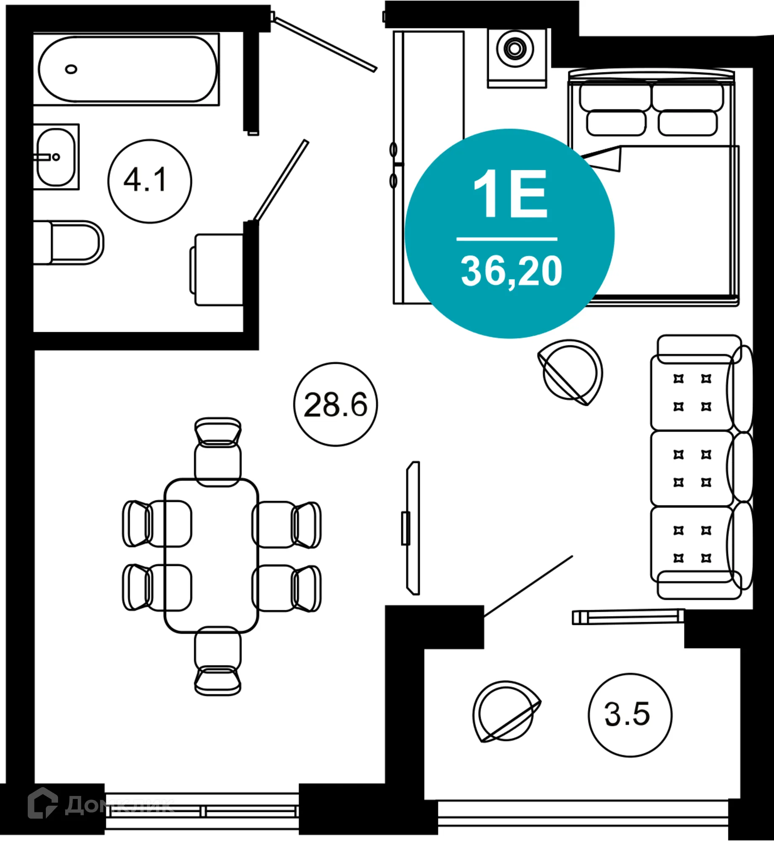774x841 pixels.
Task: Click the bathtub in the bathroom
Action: click(127, 69)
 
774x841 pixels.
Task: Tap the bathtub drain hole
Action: click(71, 69)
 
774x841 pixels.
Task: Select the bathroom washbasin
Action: click(56, 157)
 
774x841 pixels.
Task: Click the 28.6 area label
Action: click(335, 405)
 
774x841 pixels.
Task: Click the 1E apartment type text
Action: click(510, 194)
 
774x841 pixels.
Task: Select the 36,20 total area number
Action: click(511, 272)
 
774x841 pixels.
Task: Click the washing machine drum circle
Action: click(515, 49)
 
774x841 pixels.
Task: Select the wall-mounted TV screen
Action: click(414, 528)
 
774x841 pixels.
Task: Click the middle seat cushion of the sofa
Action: click(691, 468)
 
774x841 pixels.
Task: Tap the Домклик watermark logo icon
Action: click(42, 803)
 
